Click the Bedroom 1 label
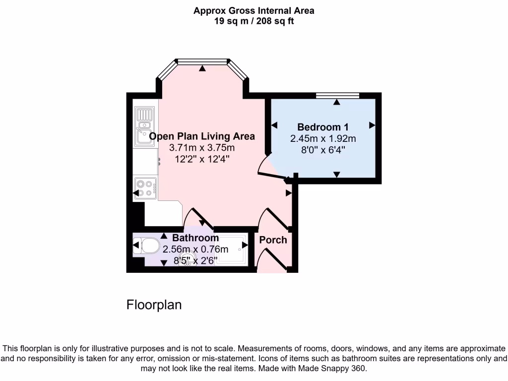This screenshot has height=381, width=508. point(319,127)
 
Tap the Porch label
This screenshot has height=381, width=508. point(273,240)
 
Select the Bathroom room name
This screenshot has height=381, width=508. point(195,238)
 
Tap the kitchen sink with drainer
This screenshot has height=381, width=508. point(144,128)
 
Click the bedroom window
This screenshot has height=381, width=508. point(337,96)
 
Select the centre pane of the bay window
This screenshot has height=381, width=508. point(202,62)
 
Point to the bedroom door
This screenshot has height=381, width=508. point(273,171)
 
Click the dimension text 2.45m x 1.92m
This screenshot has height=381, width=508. point(323,138)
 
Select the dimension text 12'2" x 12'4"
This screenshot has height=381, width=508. point(201,159)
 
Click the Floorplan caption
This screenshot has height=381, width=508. point(154,305)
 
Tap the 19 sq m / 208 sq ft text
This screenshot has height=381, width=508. point(254,21)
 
